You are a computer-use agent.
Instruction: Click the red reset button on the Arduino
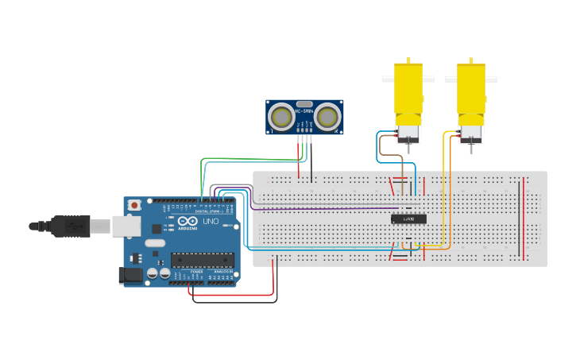click(134, 205)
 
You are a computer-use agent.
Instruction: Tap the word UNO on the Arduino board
click(211, 222)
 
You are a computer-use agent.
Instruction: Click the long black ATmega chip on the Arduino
click(203, 260)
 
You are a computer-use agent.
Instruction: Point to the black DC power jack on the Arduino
click(128, 275)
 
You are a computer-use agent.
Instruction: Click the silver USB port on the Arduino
click(126, 226)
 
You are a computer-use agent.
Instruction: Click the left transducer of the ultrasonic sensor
click(281, 118)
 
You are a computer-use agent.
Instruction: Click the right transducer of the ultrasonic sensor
click(327, 118)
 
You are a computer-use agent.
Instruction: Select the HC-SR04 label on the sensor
click(304, 111)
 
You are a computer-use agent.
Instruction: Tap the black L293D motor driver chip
click(408, 219)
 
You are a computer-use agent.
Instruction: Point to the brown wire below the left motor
click(382, 147)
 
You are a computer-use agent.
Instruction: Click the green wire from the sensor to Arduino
click(238, 159)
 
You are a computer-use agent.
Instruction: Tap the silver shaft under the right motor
click(470, 146)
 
